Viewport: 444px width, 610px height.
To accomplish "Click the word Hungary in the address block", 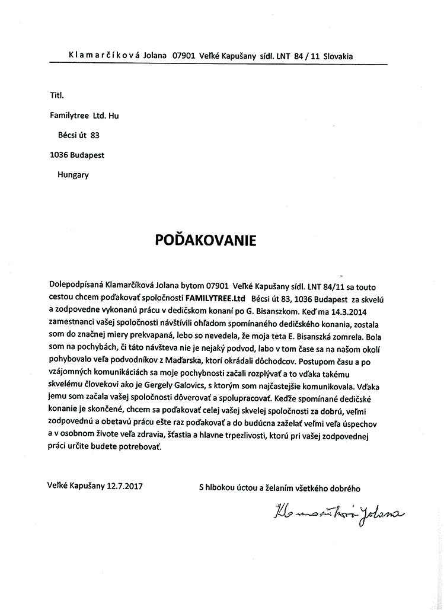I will click(x=73, y=174).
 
